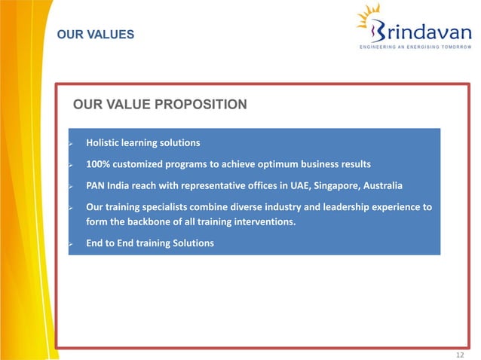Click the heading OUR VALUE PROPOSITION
click(159, 104)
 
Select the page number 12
click(461, 354)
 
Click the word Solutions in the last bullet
click(192, 243)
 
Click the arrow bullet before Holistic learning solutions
click(70, 143)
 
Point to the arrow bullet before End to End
click(70, 244)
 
